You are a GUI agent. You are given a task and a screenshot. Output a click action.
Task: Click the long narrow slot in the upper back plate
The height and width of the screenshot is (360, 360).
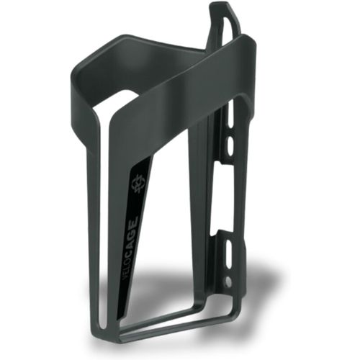[x=230, y=115]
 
